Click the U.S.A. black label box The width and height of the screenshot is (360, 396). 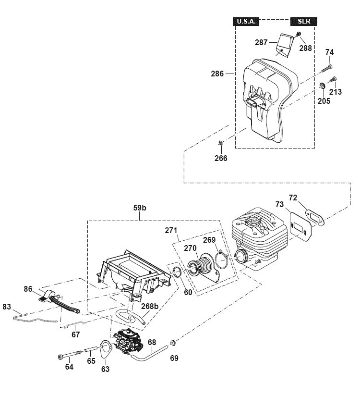point(246,22)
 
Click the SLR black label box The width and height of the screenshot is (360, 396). point(304,22)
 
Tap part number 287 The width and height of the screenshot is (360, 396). point(261,42)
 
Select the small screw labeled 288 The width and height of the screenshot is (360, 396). point(299,34)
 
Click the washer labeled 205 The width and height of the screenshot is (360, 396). point(322,85)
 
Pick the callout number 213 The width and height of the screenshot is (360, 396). point(336,92)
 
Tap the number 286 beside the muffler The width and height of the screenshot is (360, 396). point(217,74)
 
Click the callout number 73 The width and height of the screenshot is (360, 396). point(279,204)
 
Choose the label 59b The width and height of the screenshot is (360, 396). point(140,208)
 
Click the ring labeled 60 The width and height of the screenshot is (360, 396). point(178,272)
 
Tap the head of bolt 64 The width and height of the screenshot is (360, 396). point(60,357)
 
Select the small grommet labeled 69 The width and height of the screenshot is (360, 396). point(173,343)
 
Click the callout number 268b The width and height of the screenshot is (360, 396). point(150,306)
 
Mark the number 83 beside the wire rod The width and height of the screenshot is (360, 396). point(7,307)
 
